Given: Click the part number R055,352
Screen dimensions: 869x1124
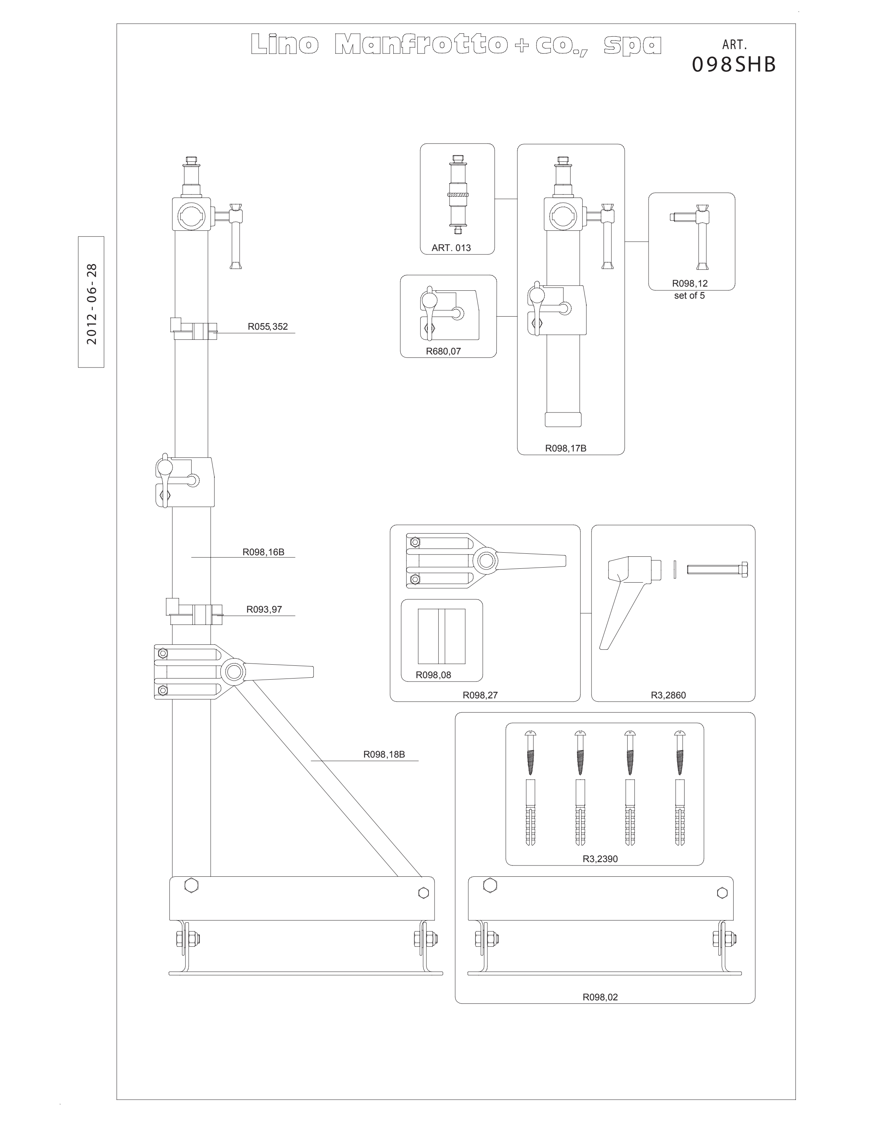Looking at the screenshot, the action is tap(268, 326).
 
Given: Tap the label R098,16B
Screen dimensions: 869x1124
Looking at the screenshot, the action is tap(264, 552).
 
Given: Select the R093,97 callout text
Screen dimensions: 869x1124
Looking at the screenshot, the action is tap(264, 609).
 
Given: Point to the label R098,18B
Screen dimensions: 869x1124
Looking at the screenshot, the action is tap(384, 755).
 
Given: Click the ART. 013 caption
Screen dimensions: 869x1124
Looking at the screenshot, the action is tap(451, 248).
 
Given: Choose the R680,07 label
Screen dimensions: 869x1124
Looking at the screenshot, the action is tap(443, 351).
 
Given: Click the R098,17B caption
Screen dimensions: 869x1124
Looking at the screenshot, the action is tap(566, 448).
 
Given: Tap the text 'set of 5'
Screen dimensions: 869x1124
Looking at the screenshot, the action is tap(689, 295).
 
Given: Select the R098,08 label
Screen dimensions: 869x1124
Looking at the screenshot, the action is tap(433, 675).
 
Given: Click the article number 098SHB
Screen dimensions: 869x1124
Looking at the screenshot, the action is tap(734, 64).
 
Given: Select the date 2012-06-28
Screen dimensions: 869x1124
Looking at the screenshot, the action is tap(91, 303).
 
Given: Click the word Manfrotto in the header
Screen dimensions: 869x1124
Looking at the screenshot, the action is tap(419, 45).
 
